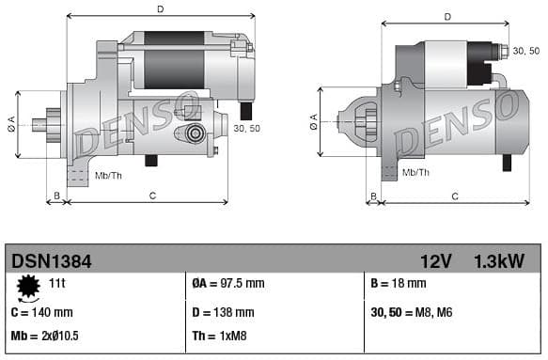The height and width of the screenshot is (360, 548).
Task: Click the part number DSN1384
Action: (51, 259)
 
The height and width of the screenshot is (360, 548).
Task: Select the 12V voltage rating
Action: (435, 259)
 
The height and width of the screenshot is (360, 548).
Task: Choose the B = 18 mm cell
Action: (399, 283)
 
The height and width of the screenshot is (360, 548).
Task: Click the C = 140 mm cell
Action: (41, 312)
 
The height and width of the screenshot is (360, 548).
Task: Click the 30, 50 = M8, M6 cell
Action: (413, 312)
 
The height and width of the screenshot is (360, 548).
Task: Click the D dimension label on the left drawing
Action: (160, 9)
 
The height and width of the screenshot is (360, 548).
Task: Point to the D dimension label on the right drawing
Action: (446, 16)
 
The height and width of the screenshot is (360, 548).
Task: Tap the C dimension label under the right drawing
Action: (454, 196)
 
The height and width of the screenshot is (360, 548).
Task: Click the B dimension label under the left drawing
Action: (56, 196)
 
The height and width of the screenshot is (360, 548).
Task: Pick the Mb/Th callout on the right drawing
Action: (415, 172)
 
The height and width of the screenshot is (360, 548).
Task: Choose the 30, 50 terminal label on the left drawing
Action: (246, 128)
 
